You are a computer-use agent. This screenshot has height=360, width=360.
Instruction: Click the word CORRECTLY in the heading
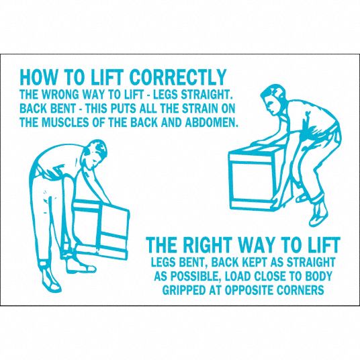[178, 77]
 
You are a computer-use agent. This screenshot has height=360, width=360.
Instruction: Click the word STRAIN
[200, 108]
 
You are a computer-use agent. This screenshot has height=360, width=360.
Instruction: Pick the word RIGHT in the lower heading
[207, 245]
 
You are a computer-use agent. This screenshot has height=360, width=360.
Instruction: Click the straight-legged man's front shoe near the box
[83, 267]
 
